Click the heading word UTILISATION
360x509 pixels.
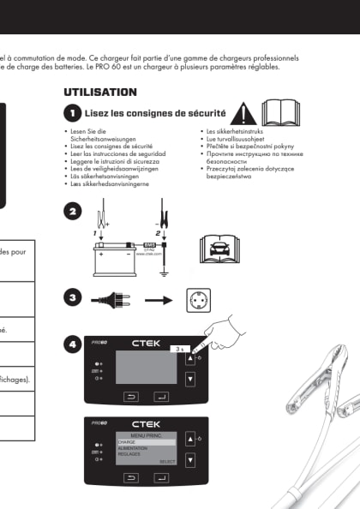(x=100, y=92)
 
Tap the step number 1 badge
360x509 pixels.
(x=73, y=112)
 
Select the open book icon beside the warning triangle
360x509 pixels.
(x=280, y=112)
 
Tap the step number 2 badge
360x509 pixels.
(x=73, y=211)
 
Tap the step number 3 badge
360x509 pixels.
(x=73, y=297)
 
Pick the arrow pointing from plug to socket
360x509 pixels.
(x=157, y=301)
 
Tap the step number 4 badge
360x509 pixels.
(x=73, y=344)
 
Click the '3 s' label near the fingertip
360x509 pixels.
(x=178, y=350)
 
